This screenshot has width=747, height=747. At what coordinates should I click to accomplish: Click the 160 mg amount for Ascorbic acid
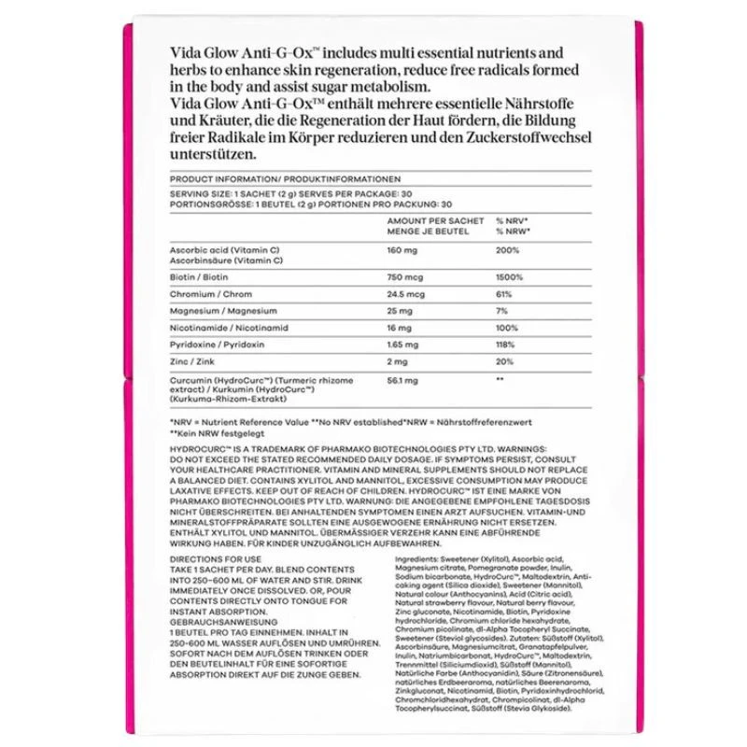coord(401,250)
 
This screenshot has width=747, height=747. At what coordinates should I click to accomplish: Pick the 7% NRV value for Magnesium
coord(501,311)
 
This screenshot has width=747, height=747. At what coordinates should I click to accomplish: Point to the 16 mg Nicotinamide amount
coord(399,328)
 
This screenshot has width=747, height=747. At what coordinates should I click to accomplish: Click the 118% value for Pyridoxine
coord(505,345)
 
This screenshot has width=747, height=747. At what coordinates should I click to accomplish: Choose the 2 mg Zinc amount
coord(397,362)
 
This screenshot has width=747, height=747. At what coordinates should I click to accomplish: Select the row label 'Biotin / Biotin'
coord(200,277)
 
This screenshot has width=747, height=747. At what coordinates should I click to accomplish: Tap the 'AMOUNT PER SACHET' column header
coord(435,220)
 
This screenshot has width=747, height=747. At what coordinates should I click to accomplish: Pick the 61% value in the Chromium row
coord(503,294)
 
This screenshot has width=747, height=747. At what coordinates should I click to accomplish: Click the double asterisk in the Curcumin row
coord(500,380)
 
